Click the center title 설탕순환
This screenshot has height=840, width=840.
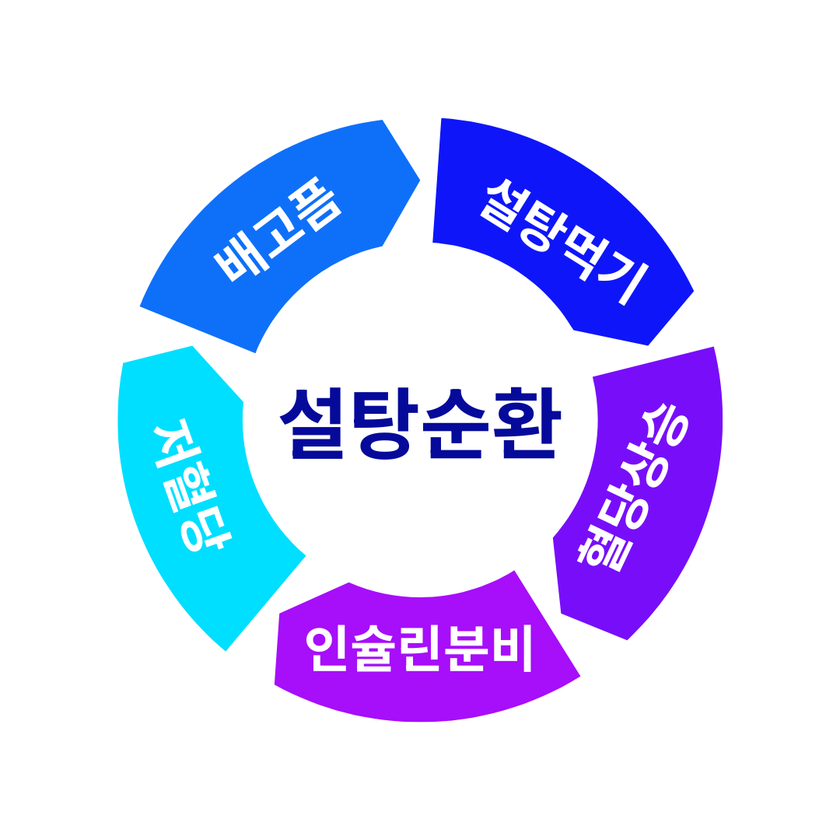click(420, 424)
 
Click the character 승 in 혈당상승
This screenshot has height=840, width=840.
click(666, 428)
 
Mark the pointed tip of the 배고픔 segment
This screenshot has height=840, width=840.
click(419, 181)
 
